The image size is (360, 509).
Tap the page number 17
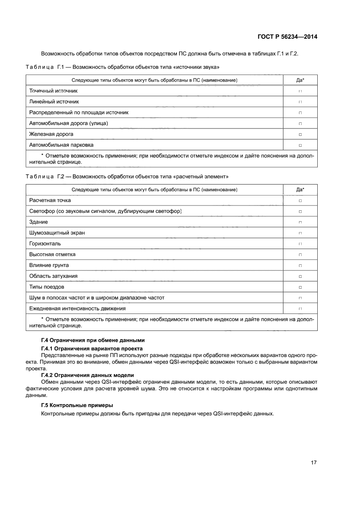(313, 462)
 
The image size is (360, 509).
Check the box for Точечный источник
(300, 91)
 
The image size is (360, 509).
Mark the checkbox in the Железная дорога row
(300, 135)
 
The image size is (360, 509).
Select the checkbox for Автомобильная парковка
(300, 145)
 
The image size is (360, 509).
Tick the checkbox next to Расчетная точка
(300, 201)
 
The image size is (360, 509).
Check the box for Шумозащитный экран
(300, 233)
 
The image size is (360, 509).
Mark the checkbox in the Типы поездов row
(300, 287)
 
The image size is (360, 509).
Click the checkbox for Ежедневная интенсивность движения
(300, 309)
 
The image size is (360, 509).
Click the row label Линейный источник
(54, 102)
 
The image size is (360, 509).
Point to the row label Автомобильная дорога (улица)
(68, 123)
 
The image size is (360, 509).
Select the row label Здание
(38, 222)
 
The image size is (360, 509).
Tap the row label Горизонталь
(45, 243)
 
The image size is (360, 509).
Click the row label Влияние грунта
(49, 265)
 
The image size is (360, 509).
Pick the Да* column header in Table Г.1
(300, 80)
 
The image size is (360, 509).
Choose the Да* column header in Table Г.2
(300, 190)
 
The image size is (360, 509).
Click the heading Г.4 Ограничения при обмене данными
(92, 340)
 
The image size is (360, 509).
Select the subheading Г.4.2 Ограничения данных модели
(87, 375)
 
